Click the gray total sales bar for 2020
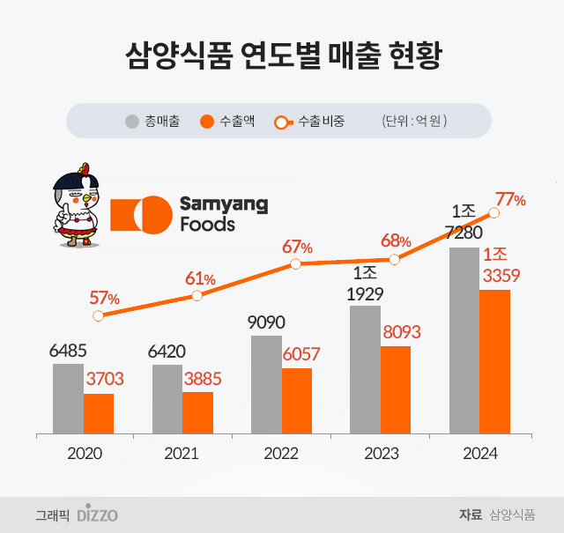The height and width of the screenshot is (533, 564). [x=68, y=398]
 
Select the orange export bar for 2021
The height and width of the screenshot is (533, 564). [x=197, y=412]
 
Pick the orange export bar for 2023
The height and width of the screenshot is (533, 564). [x=396, y=389]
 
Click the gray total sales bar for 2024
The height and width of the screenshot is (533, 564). [x=464, y=340]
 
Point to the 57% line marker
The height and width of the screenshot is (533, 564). [x=98, y=315]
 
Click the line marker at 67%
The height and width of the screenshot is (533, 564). [x=296, y=263]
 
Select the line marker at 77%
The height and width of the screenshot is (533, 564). [x=494, y=212]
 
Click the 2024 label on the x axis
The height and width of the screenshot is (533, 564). [x=479, y=454]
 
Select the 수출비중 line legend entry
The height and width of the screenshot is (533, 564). [x=309, y=122]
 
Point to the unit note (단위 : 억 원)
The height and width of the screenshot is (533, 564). [x=414, y=122]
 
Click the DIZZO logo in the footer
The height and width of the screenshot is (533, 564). [x=97, y=514]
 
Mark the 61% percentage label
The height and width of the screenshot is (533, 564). [x=200, y=279]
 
